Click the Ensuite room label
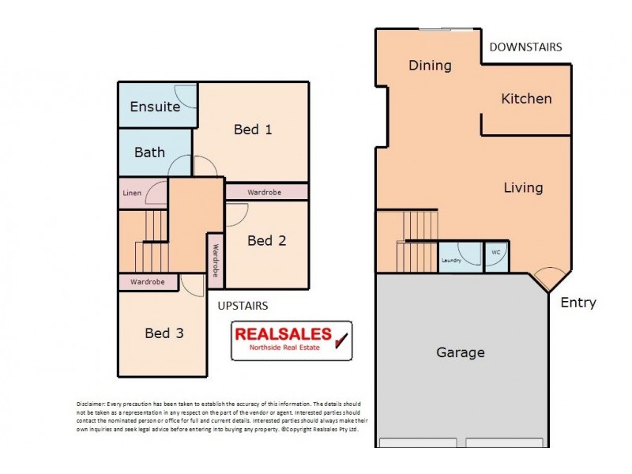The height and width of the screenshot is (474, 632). (155, 107)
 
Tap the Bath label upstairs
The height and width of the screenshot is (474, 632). (149, 152)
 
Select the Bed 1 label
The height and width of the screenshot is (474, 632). (253, 130)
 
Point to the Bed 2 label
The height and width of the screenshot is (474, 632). (266, 240)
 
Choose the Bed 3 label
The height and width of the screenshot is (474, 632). (164, 333)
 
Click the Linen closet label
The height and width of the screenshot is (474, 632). (132, 193)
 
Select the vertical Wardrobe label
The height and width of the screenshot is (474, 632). (215, 259)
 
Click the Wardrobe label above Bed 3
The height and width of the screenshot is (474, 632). (148, 282)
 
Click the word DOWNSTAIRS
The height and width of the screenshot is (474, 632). (525, 47)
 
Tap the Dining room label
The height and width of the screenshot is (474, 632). (430, 66)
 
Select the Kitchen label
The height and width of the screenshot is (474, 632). (526, 99)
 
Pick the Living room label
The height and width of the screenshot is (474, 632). (523, 188)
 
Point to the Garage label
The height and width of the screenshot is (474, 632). (461, 352)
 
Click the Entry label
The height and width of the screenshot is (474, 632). (578, 303)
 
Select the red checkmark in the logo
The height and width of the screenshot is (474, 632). (342, 340)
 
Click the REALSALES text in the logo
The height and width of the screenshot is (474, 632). (283, 334)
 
